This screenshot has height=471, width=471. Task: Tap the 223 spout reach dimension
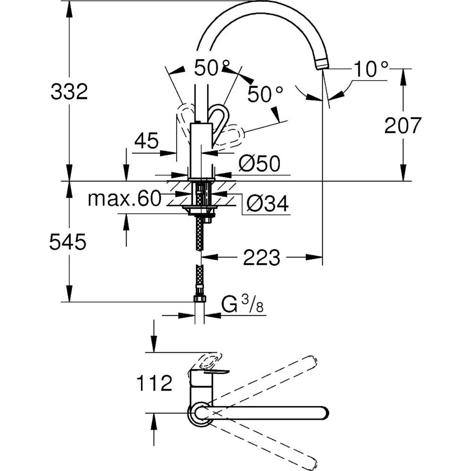[x=262, y=258]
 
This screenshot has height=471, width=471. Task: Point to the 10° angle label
[x=371, y=70]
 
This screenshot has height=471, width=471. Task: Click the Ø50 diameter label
[x=259, y=164]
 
